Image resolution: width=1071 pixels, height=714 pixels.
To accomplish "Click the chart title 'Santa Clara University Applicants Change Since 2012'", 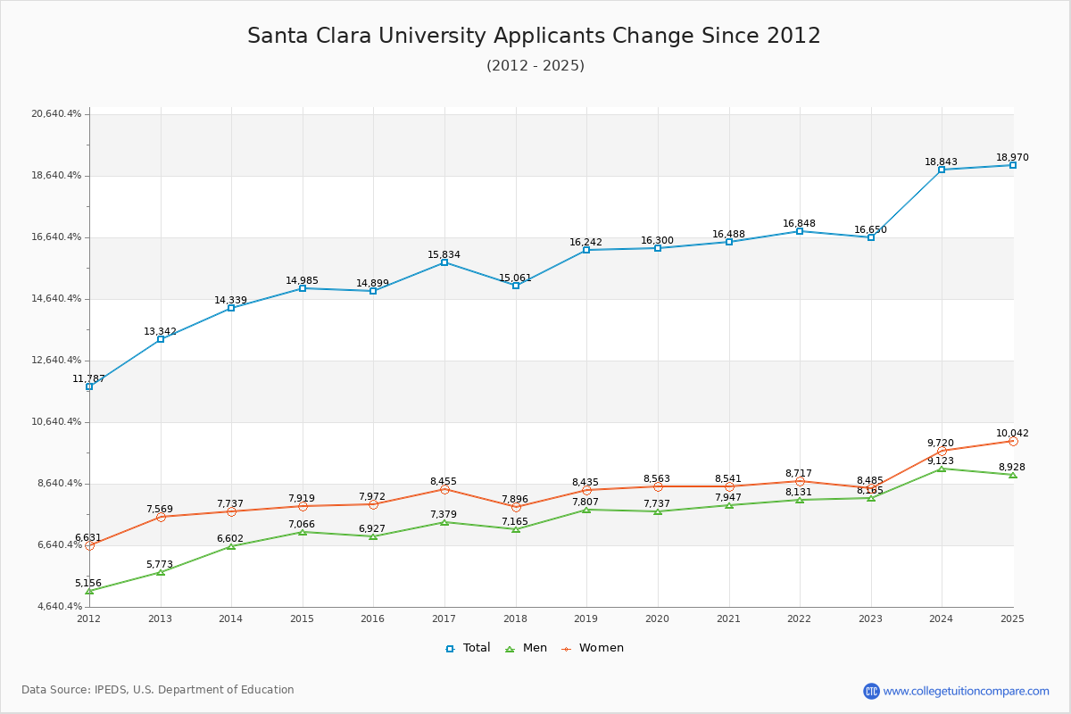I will (534, 36).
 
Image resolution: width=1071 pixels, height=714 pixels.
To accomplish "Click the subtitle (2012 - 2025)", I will (535, 66).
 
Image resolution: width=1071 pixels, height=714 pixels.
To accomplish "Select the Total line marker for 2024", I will (942, 170).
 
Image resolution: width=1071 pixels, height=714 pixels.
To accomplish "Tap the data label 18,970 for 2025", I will (1012, 157).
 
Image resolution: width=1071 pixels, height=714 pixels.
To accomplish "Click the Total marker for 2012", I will (89, 386).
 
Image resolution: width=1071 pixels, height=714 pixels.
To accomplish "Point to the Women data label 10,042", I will (1012, 434).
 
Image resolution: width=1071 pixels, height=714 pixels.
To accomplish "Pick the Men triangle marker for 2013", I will (161, 572).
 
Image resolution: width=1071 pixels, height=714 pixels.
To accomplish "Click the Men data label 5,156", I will (88, 584).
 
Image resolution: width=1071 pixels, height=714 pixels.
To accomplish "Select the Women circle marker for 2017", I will (444, 489).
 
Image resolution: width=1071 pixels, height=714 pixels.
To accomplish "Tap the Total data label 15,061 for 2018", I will (515, 278).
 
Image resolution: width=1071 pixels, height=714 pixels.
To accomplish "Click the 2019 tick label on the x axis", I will (586, 619).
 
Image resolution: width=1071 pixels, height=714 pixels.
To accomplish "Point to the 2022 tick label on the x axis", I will (799, 619).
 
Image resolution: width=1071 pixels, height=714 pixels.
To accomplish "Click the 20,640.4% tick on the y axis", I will (56, 114).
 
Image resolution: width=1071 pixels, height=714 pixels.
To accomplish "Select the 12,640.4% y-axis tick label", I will (56, 361).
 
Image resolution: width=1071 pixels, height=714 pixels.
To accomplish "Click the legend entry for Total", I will (468, 648).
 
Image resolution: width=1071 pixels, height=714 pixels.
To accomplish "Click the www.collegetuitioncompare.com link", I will (966, 691).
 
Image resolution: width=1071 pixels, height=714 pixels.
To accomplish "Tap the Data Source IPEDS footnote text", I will (158, 690).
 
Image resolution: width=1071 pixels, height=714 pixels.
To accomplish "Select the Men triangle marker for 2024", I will (942, 469).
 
